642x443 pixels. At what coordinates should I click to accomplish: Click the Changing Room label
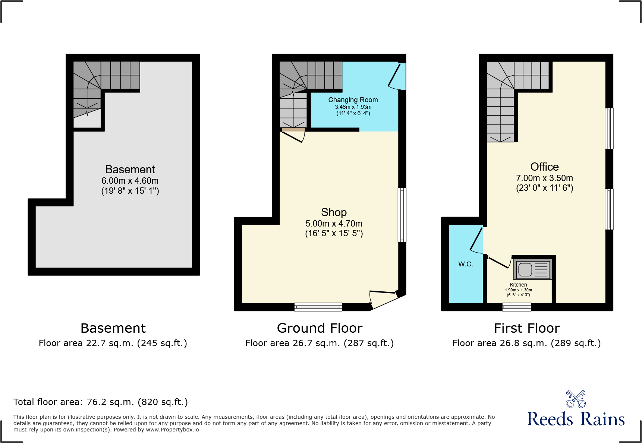coord(353,100)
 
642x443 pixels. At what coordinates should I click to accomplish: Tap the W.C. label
coord(466,264)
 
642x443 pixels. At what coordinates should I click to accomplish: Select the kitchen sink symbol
coord(533,269)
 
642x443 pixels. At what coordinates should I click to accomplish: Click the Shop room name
coord(334,212)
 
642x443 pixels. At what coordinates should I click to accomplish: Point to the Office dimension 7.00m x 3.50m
coord(544,178)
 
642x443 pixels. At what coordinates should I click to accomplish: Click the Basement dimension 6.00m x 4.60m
coord(130,181)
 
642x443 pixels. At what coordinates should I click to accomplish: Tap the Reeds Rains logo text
coord(575,419)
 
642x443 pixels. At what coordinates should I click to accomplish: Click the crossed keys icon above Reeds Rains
coord(575,399)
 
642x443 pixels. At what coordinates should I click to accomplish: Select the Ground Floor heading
coord(320,328)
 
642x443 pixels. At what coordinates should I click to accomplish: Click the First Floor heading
coord(526,328)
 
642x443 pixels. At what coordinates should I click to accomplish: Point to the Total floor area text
coord(101,402)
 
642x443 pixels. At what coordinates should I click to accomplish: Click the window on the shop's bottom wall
coord(318,307)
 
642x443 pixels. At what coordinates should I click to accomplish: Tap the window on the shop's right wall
coord(402,215)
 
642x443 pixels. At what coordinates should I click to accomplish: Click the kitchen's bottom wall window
coord(516,307)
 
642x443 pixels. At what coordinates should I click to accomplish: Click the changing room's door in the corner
coord(396,76)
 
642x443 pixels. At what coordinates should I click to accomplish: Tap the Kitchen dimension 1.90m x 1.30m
coord(518,290)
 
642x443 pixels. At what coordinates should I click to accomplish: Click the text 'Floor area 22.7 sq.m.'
coord(86,343)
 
